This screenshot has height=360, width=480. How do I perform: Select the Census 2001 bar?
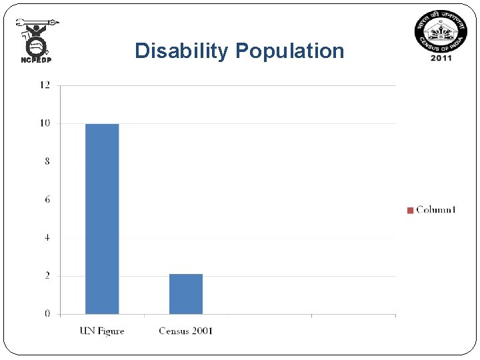185,294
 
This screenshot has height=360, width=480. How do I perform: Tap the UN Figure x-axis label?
102,331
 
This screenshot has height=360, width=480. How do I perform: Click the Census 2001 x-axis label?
185,331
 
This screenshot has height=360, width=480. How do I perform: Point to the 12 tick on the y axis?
45,85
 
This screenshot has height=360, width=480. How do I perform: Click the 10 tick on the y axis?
45,123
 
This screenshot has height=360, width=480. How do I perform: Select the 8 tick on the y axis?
47,161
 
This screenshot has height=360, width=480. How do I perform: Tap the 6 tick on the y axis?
47,199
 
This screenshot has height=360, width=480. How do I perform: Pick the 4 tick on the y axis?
47,237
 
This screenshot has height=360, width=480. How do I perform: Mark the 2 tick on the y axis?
47,275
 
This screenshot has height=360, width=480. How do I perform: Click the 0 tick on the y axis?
47,313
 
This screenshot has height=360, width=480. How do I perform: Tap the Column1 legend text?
436,210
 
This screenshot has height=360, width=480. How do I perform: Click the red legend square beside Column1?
410,211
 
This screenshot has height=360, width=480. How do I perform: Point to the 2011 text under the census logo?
441,57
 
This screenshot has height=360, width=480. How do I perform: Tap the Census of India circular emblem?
441,32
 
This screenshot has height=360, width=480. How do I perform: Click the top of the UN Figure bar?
102,125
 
